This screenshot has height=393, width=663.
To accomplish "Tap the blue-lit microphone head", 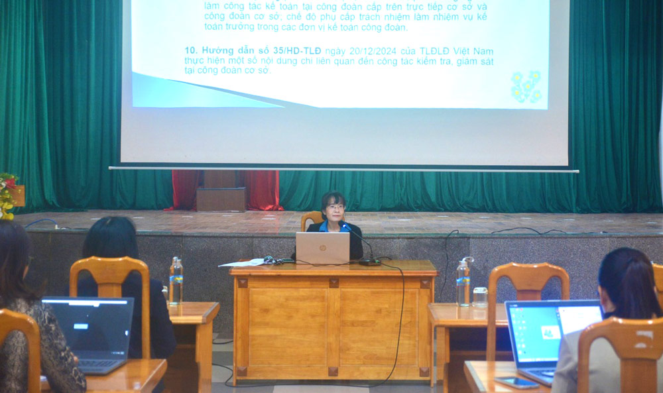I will [344, 226].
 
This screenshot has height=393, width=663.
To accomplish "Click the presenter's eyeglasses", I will [335, 207].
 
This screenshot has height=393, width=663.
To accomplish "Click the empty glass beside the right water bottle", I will [480, 297].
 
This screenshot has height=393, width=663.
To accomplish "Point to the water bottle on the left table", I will [176, 281].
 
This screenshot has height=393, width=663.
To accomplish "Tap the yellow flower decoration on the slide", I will [526, 87].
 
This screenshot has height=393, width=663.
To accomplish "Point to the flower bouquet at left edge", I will [8, 196].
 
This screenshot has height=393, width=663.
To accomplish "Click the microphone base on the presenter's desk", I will [369, 262].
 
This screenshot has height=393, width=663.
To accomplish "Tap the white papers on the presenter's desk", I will [242, 263].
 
